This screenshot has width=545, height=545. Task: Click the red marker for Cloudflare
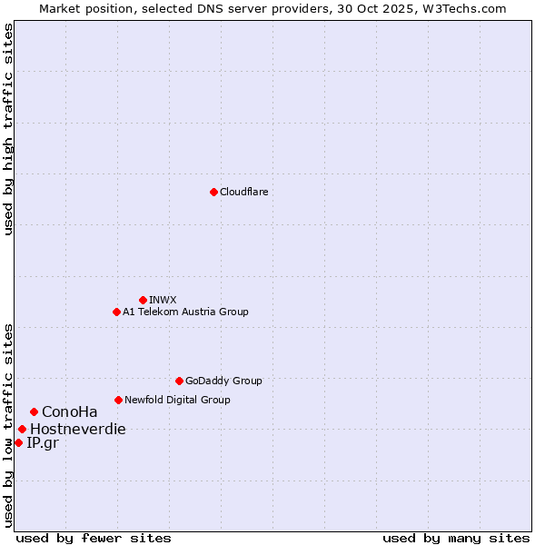pyautogui.click(x=213, y=192)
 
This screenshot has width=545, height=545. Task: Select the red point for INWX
pyautogui.click(x=143, y=300)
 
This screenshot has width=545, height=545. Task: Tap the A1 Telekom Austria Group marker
pyautogui.click(x=116, y=312)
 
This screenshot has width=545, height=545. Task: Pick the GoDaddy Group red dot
pyautogui.click(x=179, y=381)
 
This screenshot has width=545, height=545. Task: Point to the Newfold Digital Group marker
pyautogui.click(x=118, y=400)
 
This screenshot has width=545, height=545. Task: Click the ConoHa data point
pyautogui.click(x=34, y=411)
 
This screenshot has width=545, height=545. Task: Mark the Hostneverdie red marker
pyautogui.click(x=22, y=429)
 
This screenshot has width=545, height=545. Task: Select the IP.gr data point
pyautogui.click(x=18, y=442)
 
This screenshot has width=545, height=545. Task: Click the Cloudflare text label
pyautogui.click(x=243, y=192)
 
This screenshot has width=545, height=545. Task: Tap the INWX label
pyautogui.click(x=163, y=300)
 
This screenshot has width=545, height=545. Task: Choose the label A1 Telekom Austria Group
pyautogui.click(x=185, y=312)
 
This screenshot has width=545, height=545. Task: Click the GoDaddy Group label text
pyautogui.click(x=223, y=381)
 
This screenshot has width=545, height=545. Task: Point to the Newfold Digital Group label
pyautogui.click(x=177, y=400)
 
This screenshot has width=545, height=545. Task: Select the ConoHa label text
pyautogui.click(x=69, y=411)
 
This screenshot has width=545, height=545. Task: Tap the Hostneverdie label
pyautogui.click(x=77, y=429)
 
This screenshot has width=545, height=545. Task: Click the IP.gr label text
pyautogui.click(x=42, y=442)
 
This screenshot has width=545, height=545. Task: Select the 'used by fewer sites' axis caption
pyautogui.click(x=94, y=538)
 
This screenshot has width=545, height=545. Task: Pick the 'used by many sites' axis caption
pyautogui.click(x=456, y=538)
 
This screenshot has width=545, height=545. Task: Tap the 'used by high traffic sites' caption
pyautogui.click(x=8, y=129)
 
